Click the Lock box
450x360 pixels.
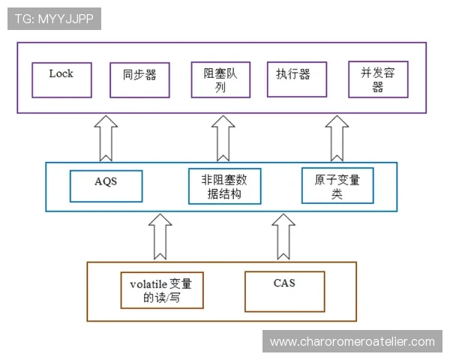62,79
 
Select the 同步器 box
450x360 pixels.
139,79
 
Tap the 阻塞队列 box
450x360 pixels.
219,79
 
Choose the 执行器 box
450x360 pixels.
296,79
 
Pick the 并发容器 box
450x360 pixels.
378,79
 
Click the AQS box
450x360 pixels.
106,186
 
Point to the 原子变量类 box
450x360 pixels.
337,186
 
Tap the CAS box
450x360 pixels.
285,291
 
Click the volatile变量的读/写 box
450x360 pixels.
162,291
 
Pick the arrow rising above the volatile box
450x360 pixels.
162,236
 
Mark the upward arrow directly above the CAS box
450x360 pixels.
283,236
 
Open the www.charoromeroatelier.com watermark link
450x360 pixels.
352,342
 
